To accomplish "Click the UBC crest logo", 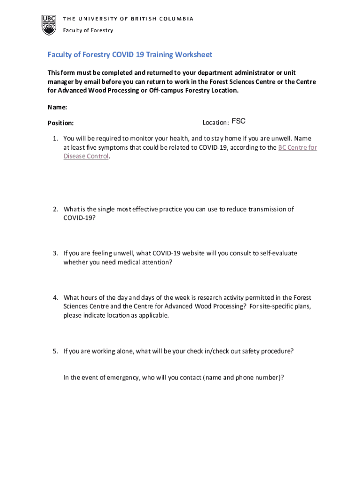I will (49, 24).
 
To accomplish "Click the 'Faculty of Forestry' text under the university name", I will (88, 30).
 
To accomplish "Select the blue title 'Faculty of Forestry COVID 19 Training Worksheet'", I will (130, 55).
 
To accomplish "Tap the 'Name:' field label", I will (58, 108).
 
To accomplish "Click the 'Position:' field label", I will (61, 123).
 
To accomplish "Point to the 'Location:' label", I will (216, 123).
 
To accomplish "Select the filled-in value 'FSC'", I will (238, 122).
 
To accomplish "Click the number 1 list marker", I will (55, 138).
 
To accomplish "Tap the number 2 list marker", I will (55, 209).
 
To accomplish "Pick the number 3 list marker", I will (55, 253).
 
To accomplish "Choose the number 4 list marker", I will (55, 298).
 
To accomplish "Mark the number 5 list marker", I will (55, 351).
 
